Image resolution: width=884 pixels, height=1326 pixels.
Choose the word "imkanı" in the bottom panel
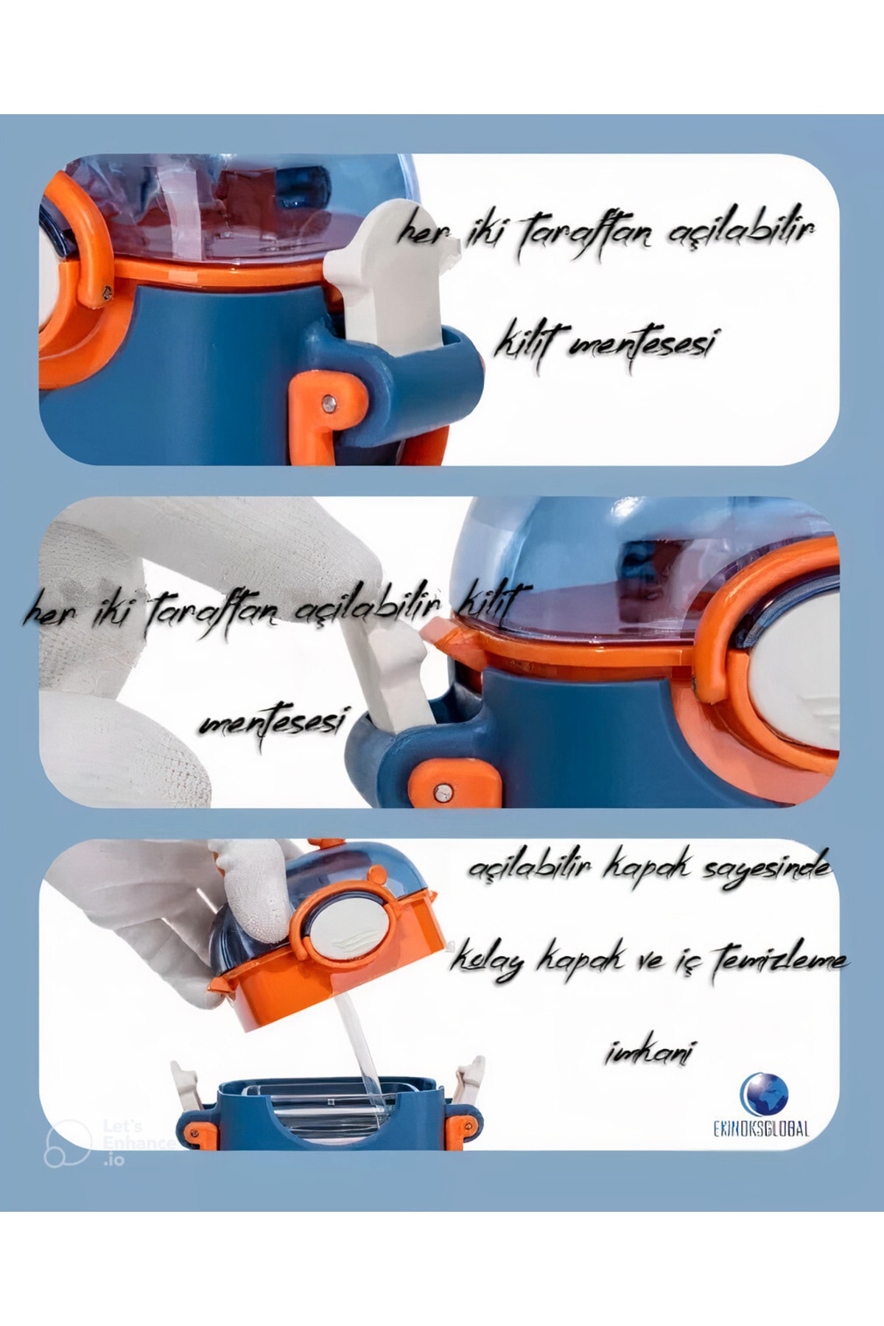[x=649, y=1053]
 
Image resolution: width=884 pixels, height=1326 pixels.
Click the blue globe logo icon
[x=764, y=1093]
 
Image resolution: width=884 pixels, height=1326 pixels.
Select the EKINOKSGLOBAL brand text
[x=761, y=1129]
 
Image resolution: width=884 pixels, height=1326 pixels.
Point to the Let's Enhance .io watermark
[x=110, y=1142]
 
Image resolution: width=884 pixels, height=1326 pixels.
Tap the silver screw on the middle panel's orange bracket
[x=443, y=792]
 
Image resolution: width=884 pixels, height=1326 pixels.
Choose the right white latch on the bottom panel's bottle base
[x=469, y=1079]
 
